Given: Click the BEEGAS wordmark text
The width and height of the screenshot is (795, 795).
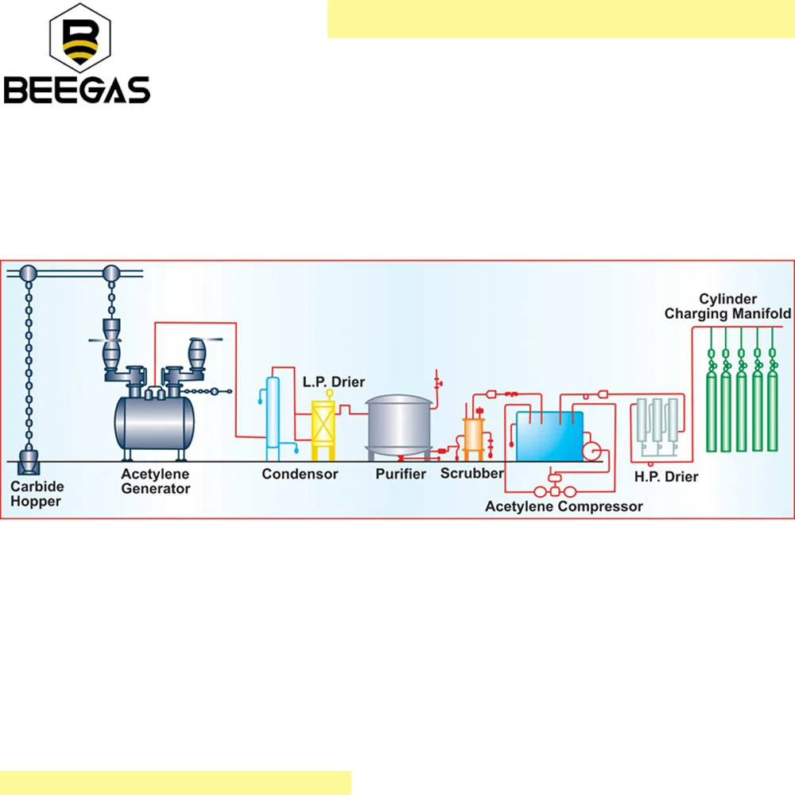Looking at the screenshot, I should pyautogui.click(x=77, y=89).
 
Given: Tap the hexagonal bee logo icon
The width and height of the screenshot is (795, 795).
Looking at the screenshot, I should pyautogui.click(x=79, y=38).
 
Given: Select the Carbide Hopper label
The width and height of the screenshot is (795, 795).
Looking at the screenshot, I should pyautogui.click(x=37, y=494).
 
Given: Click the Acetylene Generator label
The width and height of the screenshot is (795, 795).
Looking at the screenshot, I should pyautogui.click(x=155, y=481).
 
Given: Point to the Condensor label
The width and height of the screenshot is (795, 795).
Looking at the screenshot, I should pyautogui.click(x=300, y=475).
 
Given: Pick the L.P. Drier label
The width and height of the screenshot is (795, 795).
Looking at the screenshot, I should pyautogui.click(x=334, y=382).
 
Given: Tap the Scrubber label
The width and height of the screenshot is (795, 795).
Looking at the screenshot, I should pyautogui.click(x=472, y=474).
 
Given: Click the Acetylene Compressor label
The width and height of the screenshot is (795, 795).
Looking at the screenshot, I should pyautogui.click(x=564, y=506).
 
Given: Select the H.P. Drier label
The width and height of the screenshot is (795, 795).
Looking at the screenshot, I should pyautogui.click(x=665, y=477).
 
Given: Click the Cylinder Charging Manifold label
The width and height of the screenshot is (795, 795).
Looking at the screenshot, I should pyautogui.click(x=727, y=306).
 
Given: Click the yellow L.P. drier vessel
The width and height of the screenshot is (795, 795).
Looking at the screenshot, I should pyautogui.click(x=324, y=425).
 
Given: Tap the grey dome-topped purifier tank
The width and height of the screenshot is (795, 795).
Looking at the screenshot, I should pyautogui.click(x=400, y=425).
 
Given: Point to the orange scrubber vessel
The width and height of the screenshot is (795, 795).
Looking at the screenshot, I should pyautogui.click(x=474, y=436).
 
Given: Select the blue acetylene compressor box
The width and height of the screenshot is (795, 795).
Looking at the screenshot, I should pyautogui.click(x=549, y=436).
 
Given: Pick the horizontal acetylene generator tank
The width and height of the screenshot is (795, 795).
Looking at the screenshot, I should pyautogui.click(x=155, y=421).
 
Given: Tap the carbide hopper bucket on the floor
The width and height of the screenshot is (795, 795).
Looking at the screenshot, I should pyautogui.click(x=29, y=460).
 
